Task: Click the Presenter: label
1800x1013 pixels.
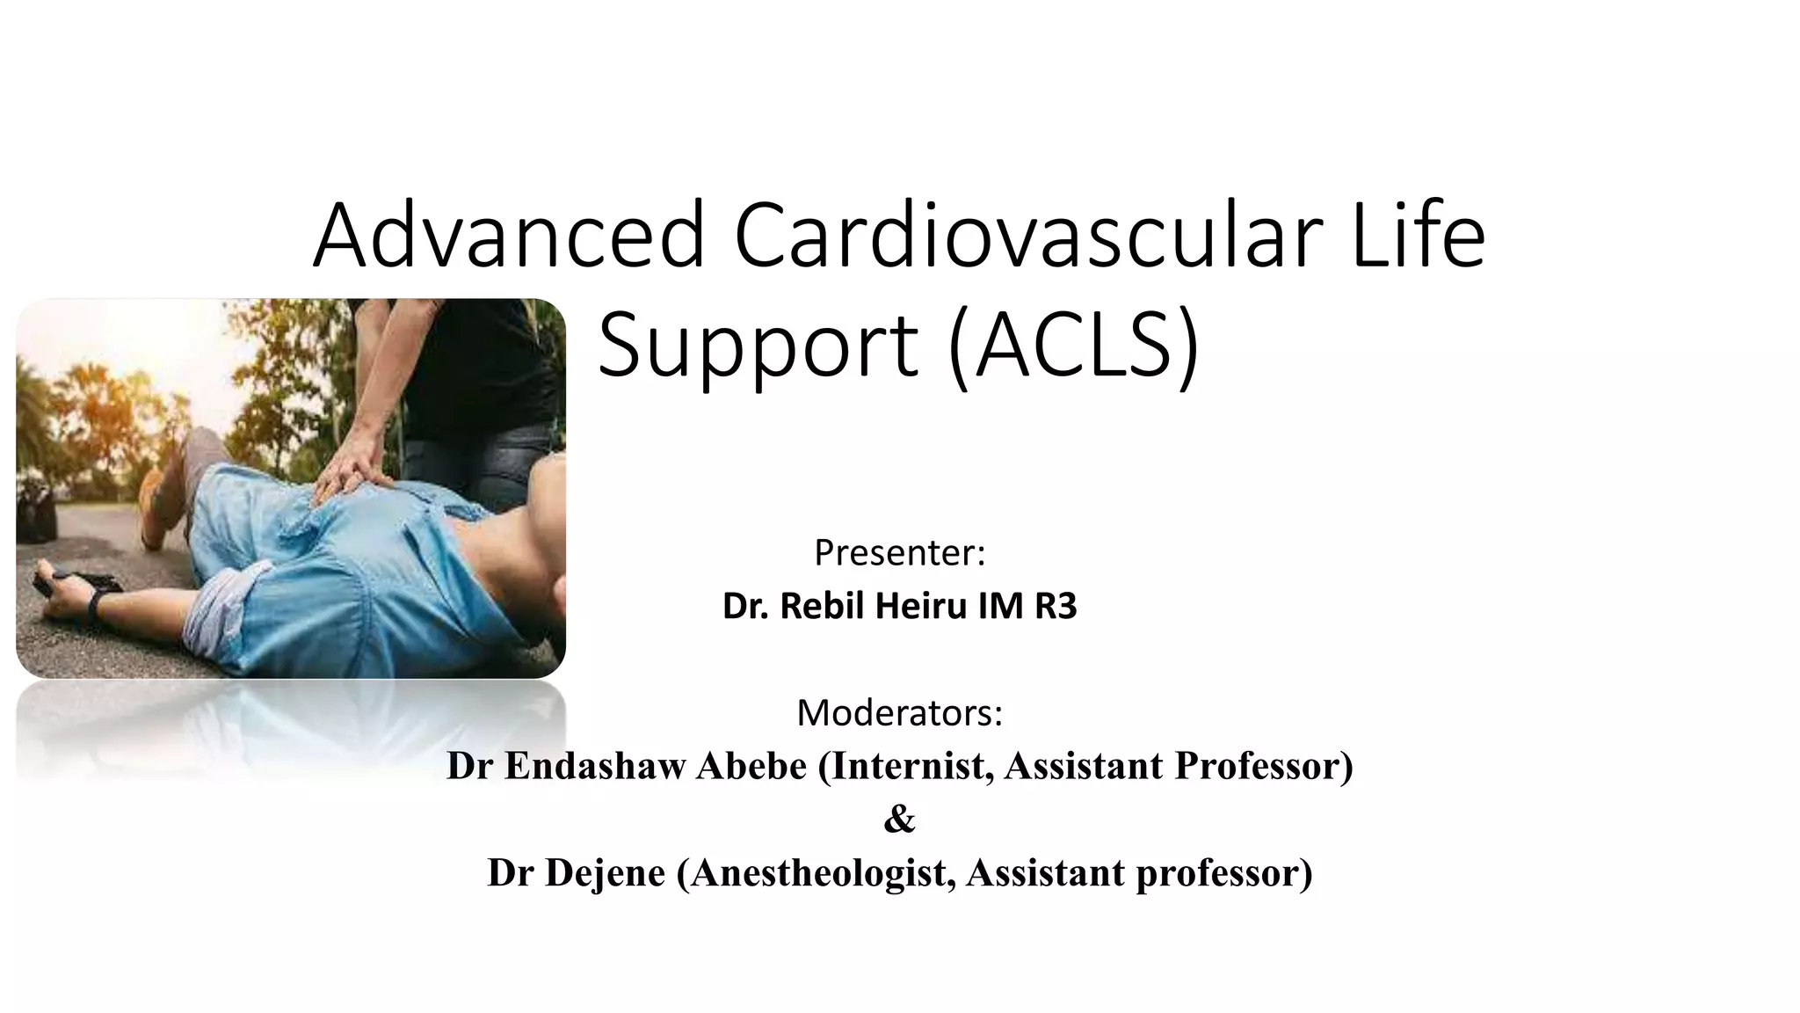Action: coord(899,553)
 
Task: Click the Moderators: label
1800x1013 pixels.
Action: coord(899,713)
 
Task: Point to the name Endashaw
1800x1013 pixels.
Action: coord(593,766)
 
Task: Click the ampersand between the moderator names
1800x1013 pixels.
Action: coord(899,820)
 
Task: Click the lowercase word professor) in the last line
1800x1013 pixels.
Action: coord(1223,873)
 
